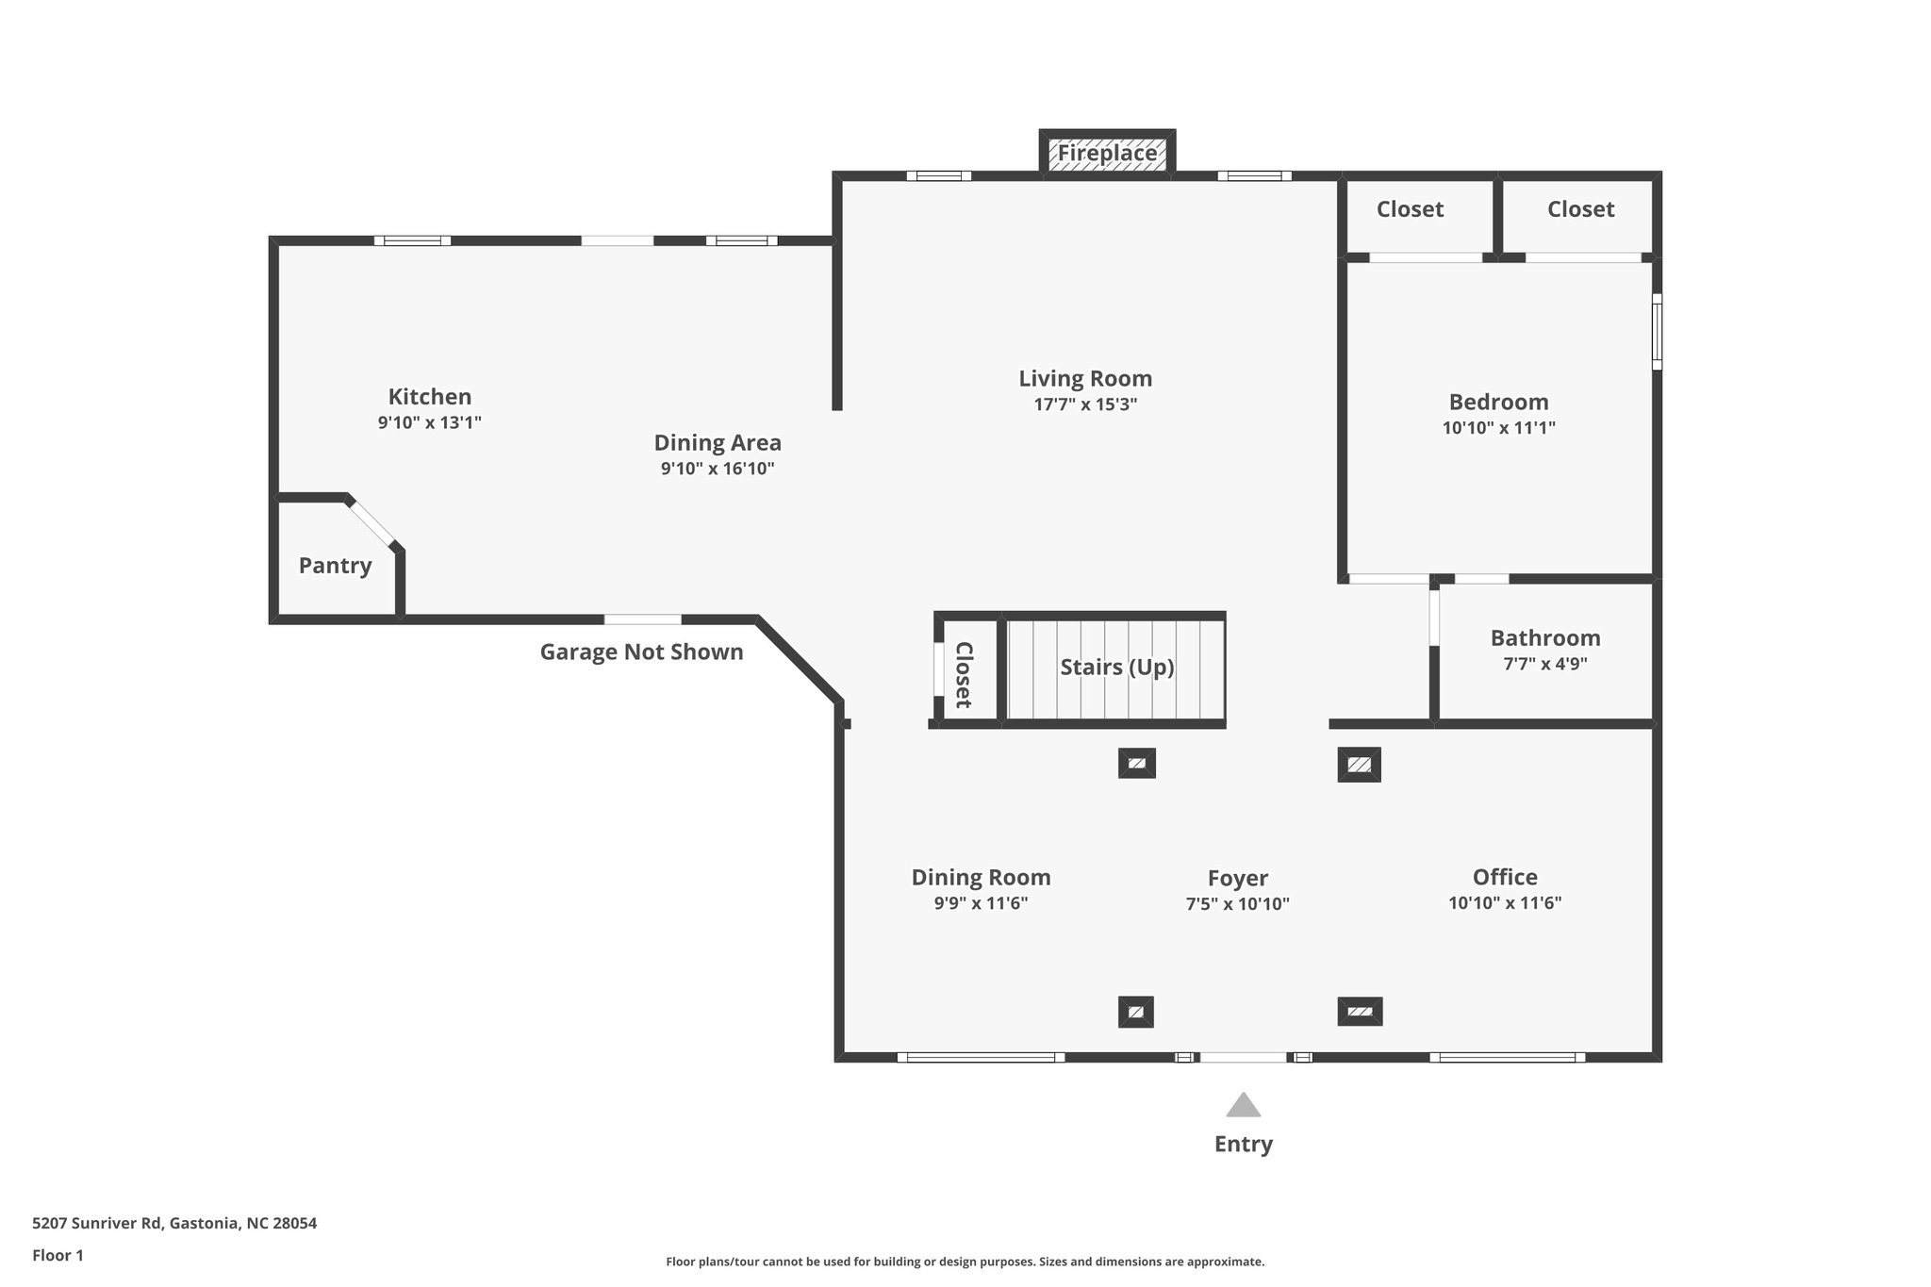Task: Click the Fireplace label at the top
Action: (x=1107, y=153)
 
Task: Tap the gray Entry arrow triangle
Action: (x=1243, y=1106)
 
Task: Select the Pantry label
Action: (x=335, y=566)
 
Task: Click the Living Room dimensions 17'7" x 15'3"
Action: (x=1085, y=404)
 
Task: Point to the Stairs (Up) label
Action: (x=1116, y=668)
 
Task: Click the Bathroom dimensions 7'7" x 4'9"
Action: (x=1544, y=664)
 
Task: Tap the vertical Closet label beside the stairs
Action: (x=964, y=674)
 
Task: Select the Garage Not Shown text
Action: (x=641, y=652)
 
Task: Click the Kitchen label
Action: (x=430, y=397)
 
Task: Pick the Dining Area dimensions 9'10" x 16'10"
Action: (x=717, y=469)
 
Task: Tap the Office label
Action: (x=1505, y=877)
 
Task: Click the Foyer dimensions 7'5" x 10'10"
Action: (x=1237, y=904)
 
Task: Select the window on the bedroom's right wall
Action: (x=1657, y=331)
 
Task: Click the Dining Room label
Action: (x=981, y=878)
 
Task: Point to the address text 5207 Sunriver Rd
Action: (x=174, y=1224)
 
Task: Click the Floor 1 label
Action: (x=58, y=1256)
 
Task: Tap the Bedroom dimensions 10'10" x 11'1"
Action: (x=1498, y=428)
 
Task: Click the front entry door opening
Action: (x=1243, y=1057)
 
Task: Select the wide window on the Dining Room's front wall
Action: (x=981, y=1057)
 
